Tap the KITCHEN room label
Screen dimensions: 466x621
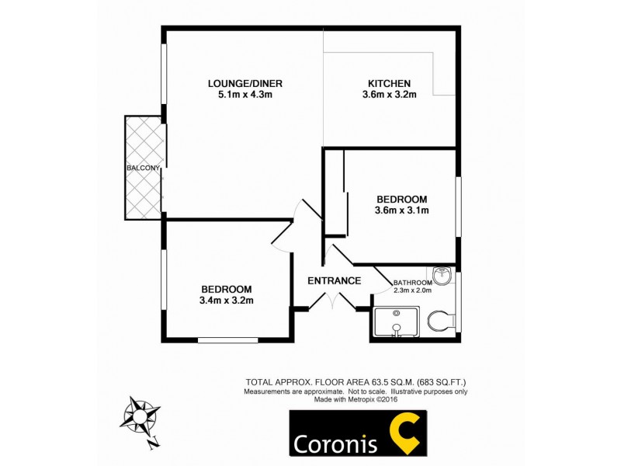389,84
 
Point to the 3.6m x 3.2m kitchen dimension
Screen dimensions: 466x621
389,96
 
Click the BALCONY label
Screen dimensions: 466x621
144,168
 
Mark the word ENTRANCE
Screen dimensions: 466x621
334,280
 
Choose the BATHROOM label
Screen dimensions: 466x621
412,283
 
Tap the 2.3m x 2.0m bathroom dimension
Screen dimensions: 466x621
412,290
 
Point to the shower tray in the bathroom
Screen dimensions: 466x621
396,322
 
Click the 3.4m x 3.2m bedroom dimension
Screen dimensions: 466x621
227,301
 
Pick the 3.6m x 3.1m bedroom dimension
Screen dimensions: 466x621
402,210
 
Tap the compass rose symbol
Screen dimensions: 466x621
140,416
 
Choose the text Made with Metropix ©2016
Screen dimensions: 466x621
356,399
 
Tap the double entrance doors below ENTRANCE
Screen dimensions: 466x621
332,303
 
